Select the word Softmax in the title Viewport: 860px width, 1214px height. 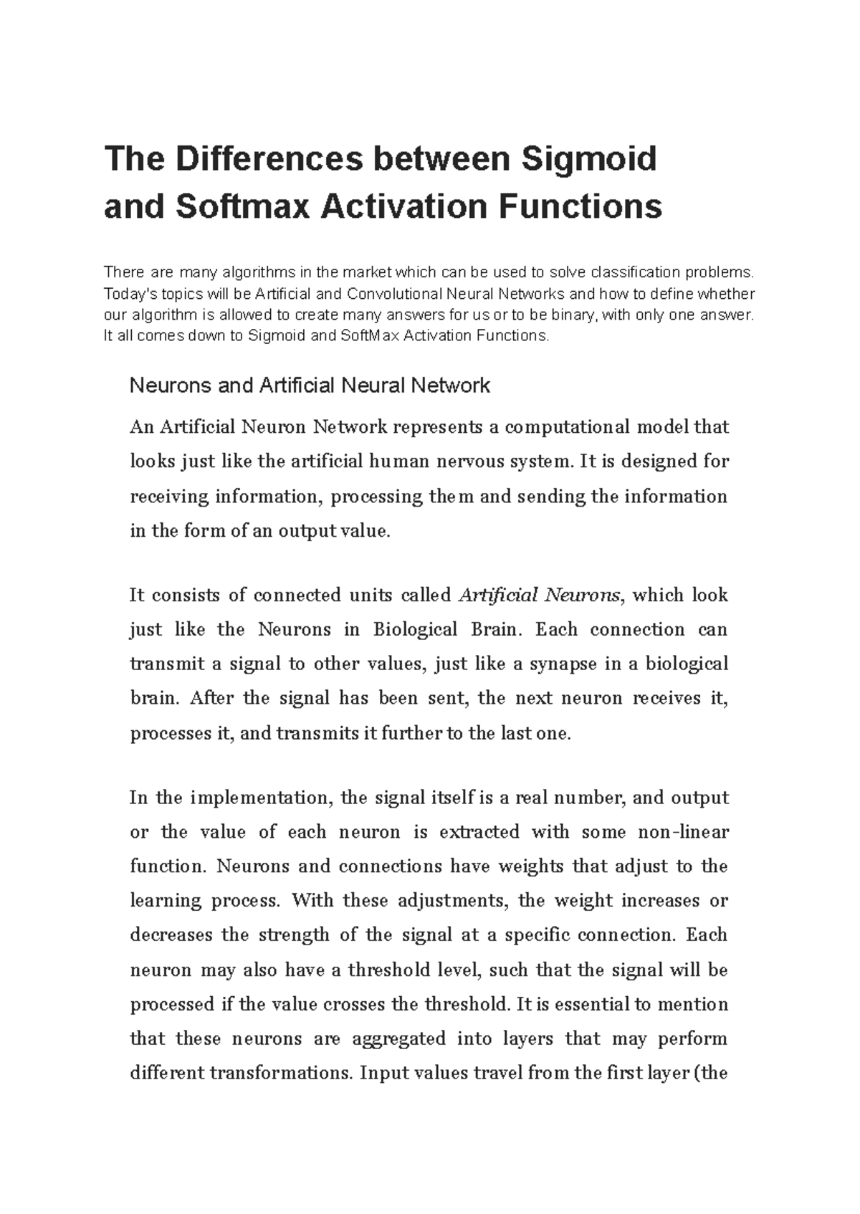pyautogui.click(x=242, y=207)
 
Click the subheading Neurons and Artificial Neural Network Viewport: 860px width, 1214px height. pyautogui.click(x=309, y=386)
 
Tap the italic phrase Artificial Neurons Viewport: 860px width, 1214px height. pyautogui.click(x=539, y=596)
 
